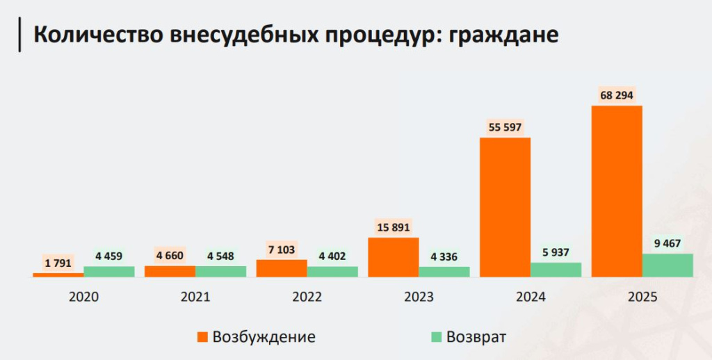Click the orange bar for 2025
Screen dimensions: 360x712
tap(616, 191)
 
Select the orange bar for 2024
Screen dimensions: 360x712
tap(505, 207)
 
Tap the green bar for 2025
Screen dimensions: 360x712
tap(667, 265)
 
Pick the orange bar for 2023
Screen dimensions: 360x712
tap(394, 257)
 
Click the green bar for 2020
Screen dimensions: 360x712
tap(109, 272)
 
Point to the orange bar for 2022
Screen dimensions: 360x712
tap(282, 268)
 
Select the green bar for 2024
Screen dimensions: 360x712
tap(556, 270)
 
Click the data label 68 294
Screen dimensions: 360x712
tap(617, 95)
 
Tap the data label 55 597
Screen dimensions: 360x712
tap(505, 127)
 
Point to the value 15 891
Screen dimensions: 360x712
tap(394, 227)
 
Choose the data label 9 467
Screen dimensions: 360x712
tap(667, 243)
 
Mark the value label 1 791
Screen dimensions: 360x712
tap(59, 263)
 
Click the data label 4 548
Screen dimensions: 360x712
tap(220, 256)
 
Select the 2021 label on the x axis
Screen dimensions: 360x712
tap(195, 297)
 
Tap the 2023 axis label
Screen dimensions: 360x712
tap(418, 297)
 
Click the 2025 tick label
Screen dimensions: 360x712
tap(641, 297)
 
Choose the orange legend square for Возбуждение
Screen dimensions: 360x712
tap(202, 337)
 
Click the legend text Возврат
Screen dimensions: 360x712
tap(476, 337)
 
